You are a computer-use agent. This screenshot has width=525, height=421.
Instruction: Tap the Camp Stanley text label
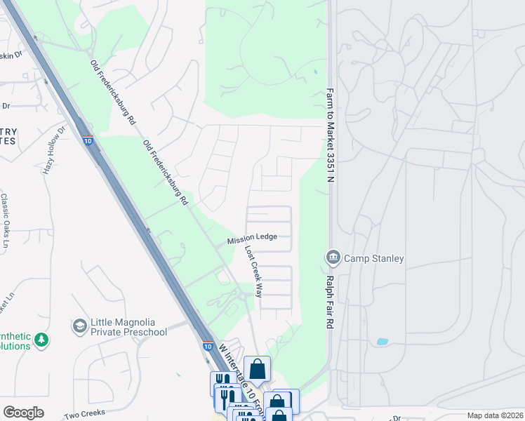coord(373,258)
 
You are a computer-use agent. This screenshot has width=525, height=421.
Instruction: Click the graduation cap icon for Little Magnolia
coord(79,326)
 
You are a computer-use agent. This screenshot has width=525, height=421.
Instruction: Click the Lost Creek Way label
coord(253,272)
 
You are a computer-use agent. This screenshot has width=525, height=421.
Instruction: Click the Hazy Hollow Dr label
coord(54,150)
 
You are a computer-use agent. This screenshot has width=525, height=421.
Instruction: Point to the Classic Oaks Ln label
coord(4,222)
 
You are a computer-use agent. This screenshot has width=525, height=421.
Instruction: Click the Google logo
coord(23,413)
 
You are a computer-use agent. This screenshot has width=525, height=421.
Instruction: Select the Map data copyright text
coord(495,415)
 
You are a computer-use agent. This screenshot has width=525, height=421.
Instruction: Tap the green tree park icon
coord(42,340)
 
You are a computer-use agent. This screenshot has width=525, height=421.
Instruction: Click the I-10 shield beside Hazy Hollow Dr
coord(88,141)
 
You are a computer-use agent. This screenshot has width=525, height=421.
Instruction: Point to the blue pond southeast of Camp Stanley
coord(382,342)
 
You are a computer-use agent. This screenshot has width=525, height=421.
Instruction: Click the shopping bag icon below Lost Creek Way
coord(257,368)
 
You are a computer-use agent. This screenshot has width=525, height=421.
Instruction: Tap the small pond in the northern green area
coord(315,72)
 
